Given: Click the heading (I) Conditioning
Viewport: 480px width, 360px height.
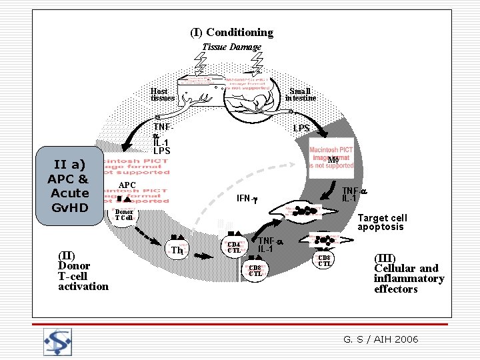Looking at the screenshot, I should tap(231, 32).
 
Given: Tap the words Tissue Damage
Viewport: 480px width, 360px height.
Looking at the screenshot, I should tap(231, 47).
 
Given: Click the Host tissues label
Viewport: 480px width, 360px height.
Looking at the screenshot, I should tap(163, 95).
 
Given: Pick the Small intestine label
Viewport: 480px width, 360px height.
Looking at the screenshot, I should tap(301, 95).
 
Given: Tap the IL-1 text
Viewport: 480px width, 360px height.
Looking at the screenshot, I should tap(161, 142).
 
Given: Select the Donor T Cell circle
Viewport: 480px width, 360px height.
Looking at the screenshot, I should tap(124, 215).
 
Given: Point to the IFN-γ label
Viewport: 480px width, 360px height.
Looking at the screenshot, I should tap(247, 199).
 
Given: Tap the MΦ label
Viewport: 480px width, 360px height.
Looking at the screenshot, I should tap(333, 160).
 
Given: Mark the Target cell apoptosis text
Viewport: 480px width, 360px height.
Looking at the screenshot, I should tap(382, 223).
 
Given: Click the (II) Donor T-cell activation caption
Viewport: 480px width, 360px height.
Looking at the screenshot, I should tap(83, 271).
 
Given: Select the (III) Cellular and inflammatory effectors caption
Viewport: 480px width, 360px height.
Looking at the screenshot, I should tap(409, 273).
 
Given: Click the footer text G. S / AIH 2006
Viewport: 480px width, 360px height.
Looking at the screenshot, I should tap(381, 339).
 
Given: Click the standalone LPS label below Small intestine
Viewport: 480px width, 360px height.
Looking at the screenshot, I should tap(301, 127).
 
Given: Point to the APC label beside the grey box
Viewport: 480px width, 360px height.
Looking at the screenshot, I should tap(127, 185).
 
